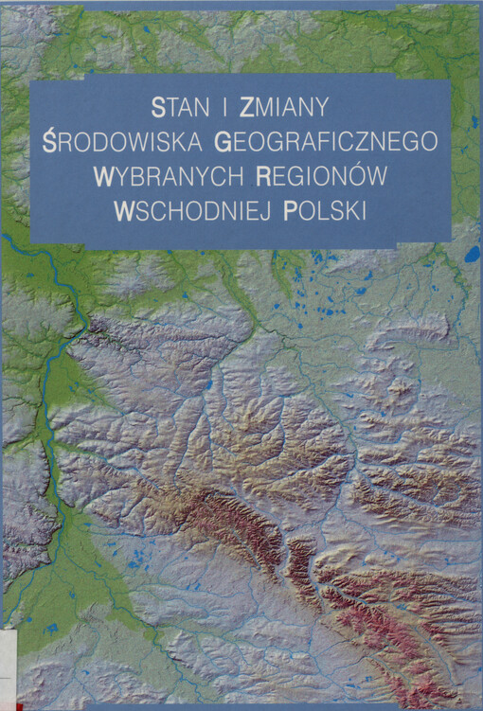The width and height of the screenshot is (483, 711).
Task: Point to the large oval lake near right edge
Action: [x=471, y=254]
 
